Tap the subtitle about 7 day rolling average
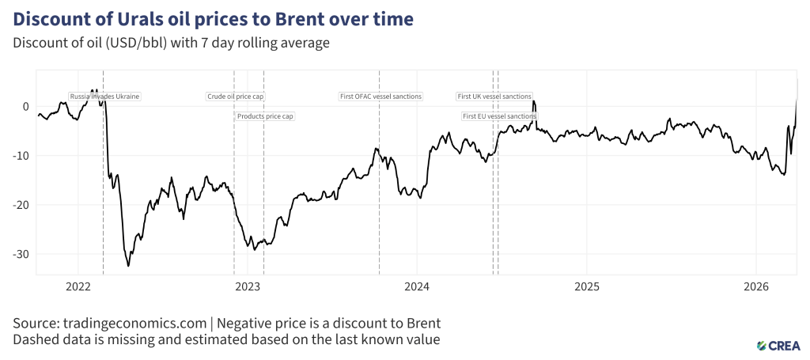[x=170, y=43]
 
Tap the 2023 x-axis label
[x=248, y=286]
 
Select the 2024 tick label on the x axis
[x=417, y=286]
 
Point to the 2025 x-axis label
[x=587, y=286]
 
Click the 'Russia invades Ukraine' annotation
[x=104, y=97]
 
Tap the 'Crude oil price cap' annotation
[x=235, y=97]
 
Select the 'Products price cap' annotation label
[x=265, y=116]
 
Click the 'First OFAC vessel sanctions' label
[x=380, y=97]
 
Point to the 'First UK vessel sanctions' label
[x=494, y=97]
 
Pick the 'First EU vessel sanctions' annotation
[x=499, y=116]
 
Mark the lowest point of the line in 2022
[x=129, y=266]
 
